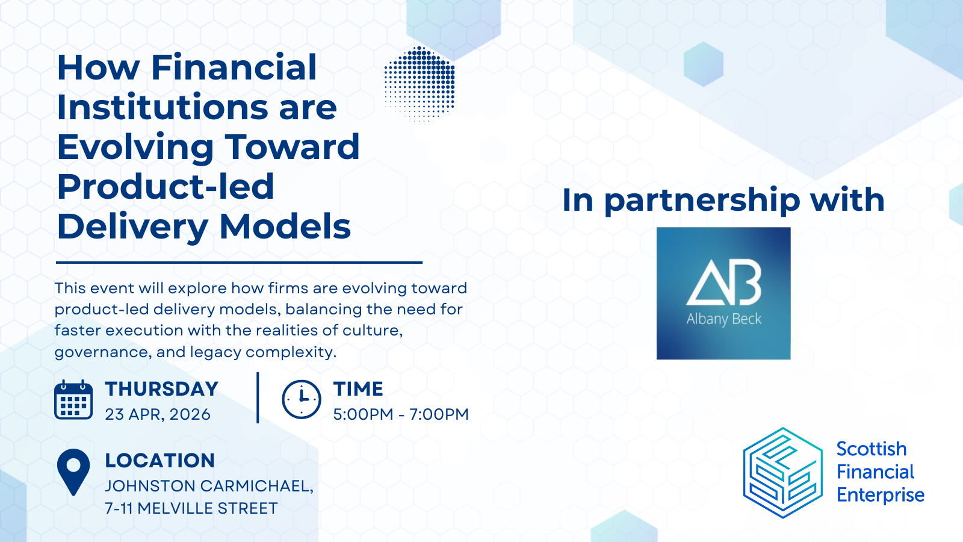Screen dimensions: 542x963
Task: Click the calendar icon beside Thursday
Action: [x=73, y=400]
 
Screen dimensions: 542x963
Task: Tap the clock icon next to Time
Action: [x=301, y=400]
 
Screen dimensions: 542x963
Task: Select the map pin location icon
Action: [x=73, y=472]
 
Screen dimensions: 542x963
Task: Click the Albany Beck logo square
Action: [x=723, y=293]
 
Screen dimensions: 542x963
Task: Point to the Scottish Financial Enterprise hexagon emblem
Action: [x=782, y=473]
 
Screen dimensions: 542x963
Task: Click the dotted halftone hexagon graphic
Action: [x=420, y=84]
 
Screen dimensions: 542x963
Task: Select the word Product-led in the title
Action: [x=166, y=187]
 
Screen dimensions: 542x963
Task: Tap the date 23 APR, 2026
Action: [x=158, y=414]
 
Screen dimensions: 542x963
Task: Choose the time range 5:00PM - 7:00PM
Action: [x=401, y=414]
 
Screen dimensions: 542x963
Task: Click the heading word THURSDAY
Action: [x=161, y=389]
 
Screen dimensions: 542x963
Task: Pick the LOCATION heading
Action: [x=159, y=461]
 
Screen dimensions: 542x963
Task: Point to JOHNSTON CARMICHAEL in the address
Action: [x=208, y=486]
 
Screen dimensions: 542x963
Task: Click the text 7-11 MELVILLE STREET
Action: [x=191, y=508]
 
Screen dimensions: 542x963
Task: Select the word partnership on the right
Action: [x=702, y=201]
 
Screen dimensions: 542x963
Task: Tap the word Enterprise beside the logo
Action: [x=880, y=495]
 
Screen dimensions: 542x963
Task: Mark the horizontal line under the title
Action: [x=239, y=263]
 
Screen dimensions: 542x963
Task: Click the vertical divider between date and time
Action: [x=258, y=397]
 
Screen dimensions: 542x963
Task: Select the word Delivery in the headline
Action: [x=132, y=227]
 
